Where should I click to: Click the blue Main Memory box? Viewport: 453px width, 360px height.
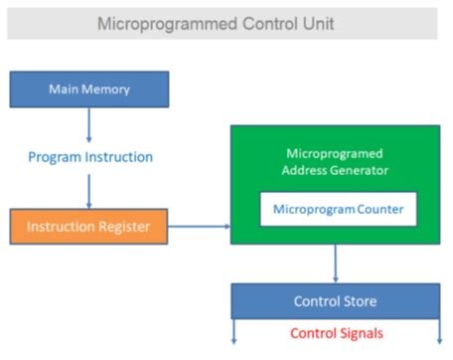[89, 90]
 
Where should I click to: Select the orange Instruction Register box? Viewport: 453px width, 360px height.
[89, 227]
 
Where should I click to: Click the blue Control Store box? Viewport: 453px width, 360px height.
[335, 301]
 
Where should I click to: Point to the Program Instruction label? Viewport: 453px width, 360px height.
[90, 156]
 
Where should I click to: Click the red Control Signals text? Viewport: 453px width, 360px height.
[336, 333]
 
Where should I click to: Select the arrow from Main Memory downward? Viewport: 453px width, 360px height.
[89, 123]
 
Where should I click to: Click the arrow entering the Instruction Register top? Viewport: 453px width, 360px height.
[89, 191]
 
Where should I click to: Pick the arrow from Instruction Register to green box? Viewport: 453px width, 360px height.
[199, 227]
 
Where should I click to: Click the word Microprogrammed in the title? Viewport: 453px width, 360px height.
[159, 23]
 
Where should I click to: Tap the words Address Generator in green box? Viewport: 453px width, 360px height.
[336, 170]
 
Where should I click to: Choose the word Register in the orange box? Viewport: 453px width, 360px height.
[125, 227]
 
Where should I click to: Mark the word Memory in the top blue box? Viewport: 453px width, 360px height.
[108, 90]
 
